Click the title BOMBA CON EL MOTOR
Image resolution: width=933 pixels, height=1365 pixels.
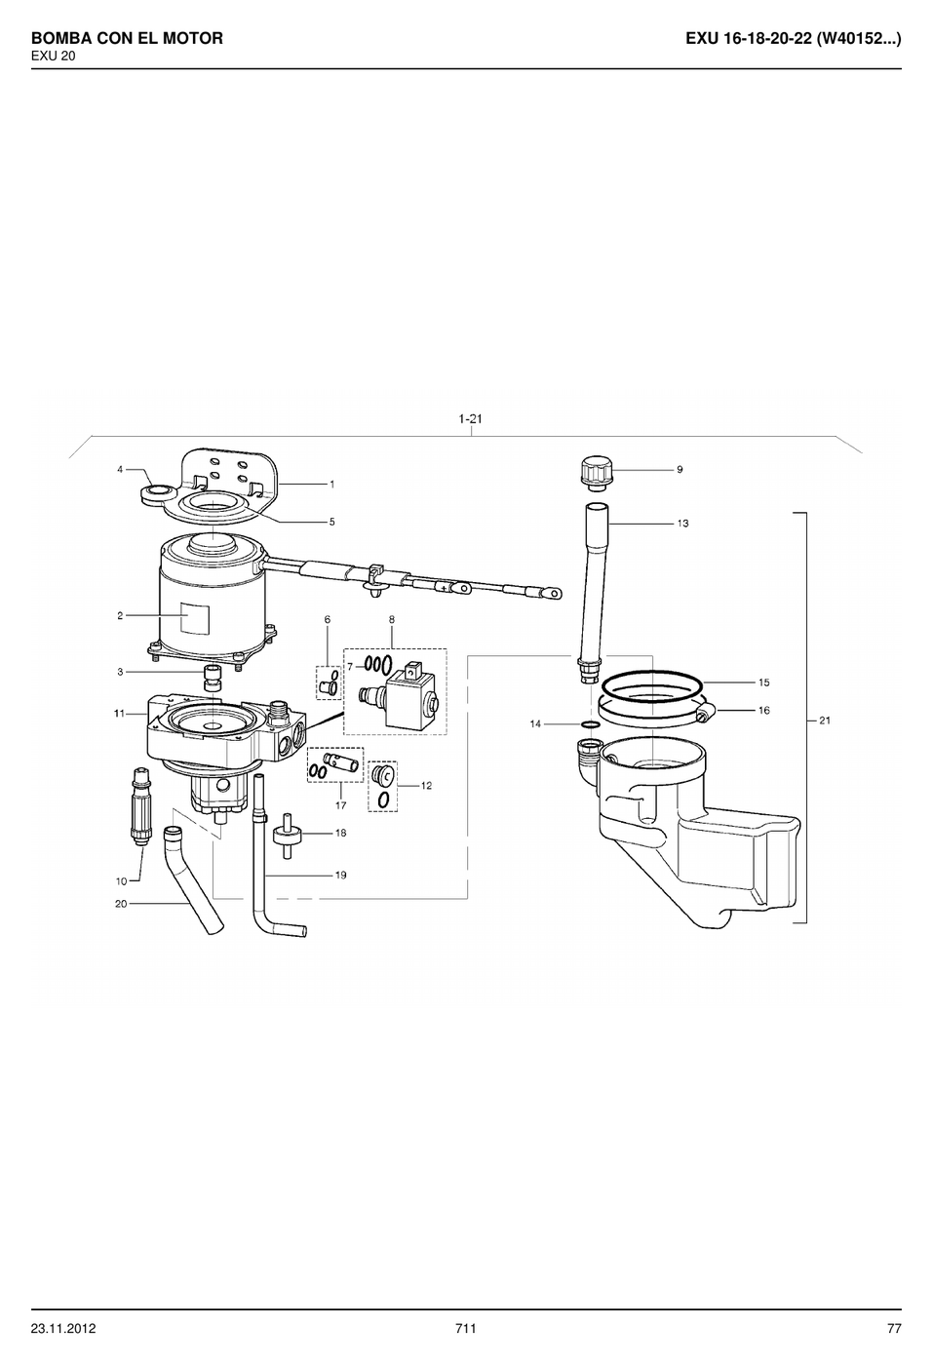pos(127,38)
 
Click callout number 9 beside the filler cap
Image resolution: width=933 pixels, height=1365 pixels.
pos(680,469)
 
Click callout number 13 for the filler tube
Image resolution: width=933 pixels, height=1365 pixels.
pos(682,523)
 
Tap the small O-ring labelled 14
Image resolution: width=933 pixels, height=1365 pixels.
pos(590,723)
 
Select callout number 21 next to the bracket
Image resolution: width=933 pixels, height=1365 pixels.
pos(825,721)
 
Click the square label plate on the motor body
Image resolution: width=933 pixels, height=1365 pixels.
pos(195,618)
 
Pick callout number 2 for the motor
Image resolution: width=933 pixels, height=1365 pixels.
pos(120,615)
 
